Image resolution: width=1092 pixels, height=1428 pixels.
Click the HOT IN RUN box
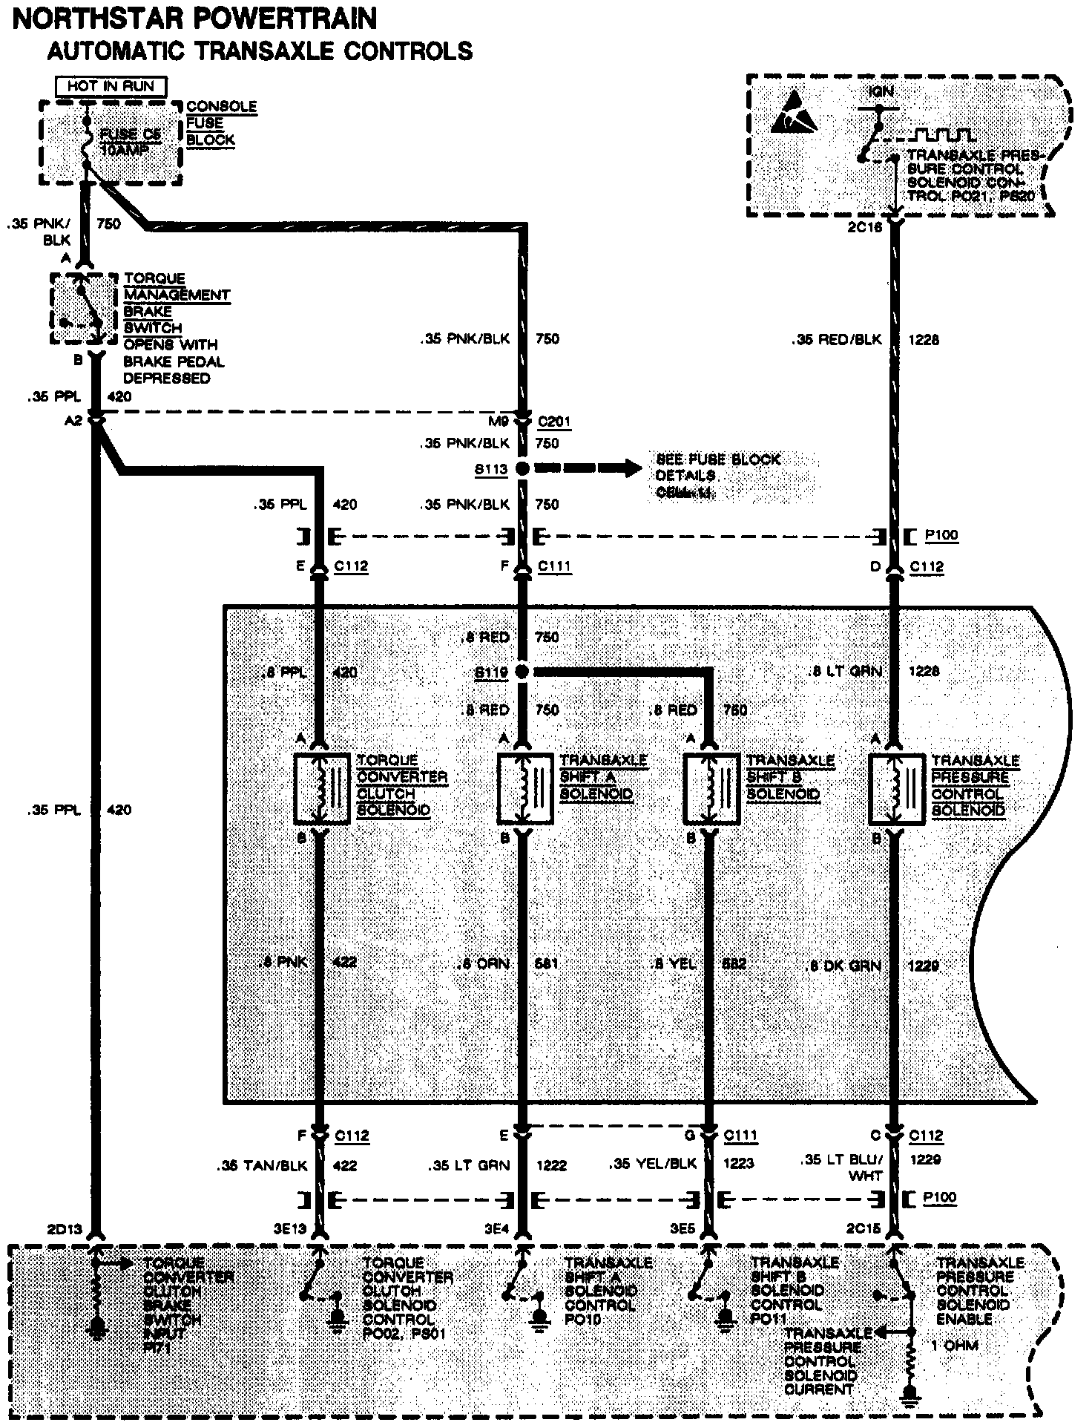tap(111, 86)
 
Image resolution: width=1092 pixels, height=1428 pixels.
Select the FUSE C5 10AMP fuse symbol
tap(87, 142)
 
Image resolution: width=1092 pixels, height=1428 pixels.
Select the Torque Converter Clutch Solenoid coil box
tap(322, 789)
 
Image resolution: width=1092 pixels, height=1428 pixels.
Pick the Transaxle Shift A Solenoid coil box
tap(524, 789)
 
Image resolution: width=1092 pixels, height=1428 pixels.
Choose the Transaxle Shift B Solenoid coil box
tap(711, 789)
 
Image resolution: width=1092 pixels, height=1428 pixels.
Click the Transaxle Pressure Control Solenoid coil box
tap(896, 789)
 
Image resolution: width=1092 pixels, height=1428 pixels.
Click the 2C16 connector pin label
tap(864, 227)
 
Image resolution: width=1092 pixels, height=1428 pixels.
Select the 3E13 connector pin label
tap(289, 1228)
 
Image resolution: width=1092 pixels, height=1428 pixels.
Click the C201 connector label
tap(554, 422)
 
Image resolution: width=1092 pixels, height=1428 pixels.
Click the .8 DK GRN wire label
tap(843, 966)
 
